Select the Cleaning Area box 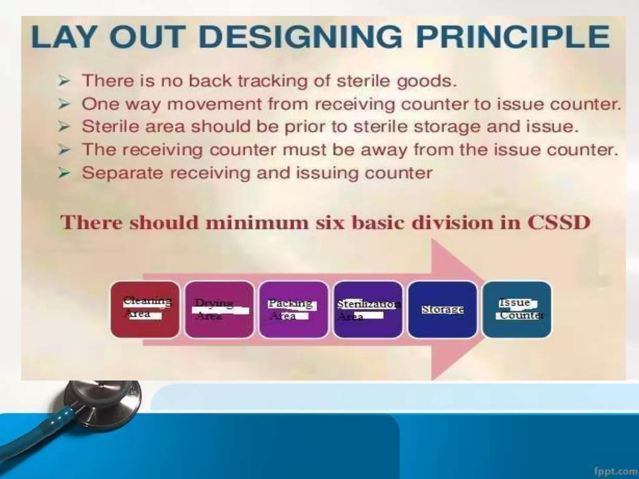[145, 309]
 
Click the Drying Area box [219, 309]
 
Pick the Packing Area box [293, 309]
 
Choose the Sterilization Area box [368, 309]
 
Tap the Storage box [442, 309]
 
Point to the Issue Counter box [517, 309]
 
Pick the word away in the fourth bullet [384, 150]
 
